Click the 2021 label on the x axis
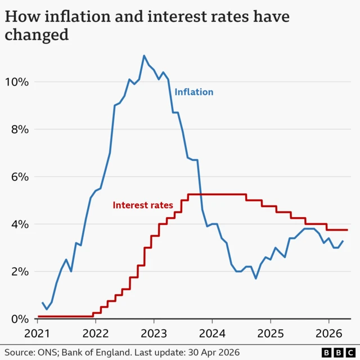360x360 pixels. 38,332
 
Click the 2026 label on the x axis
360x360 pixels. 328,332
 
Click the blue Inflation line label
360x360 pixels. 194,92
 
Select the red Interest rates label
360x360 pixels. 143,205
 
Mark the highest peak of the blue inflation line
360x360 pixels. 144,56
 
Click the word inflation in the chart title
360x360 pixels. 73,16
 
